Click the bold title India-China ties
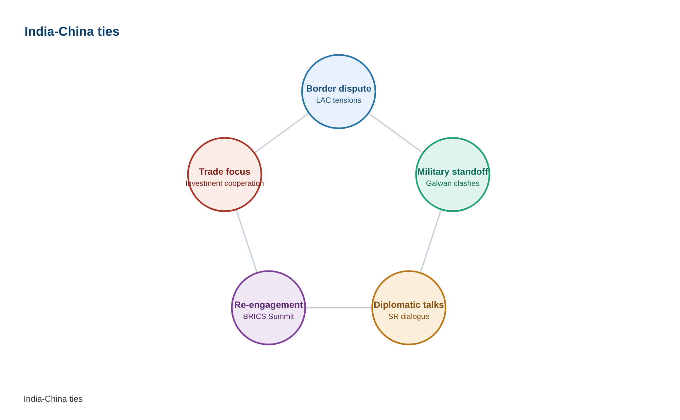(x=72, y=31)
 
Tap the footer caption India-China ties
(x=53, y=399)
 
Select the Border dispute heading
(x=339, y=89)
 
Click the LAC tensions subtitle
(x=339, y=100)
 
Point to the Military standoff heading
(x=453, y=172)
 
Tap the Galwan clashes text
(x=453, y=183)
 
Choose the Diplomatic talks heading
(x=409, y=305)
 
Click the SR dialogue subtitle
(x=409, y=316)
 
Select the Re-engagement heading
(x=268, y=305)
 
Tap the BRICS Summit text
(x=268, y=316)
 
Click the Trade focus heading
(x=225, y=172)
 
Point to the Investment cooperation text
(x=225, y=183)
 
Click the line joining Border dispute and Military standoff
(x=396, y=133)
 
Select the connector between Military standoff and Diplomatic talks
(x=431, y=241)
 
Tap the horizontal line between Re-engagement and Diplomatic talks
(x=339, y=308)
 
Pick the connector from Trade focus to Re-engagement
(x=247, y=241)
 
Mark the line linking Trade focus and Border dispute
(x=282, y=133)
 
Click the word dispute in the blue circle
(x=355, y=89)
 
